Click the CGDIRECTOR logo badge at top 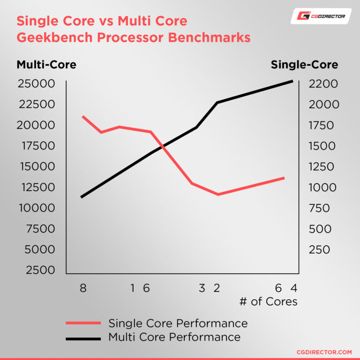click(321, 16)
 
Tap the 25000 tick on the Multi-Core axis click(36, 84)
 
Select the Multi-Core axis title click(46, 65)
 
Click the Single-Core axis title click(304, 65)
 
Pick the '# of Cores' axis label click(268, 301)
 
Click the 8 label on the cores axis click(83, 288)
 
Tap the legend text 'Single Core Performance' click(178, 323)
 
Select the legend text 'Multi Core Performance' click(174, 337)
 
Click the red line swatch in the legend click(83, 323)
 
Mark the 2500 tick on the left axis click(41, 270)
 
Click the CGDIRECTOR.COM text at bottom click(324, 352)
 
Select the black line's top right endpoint click(292, 81)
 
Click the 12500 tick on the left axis click(36, 187)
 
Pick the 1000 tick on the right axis click(322, 187)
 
